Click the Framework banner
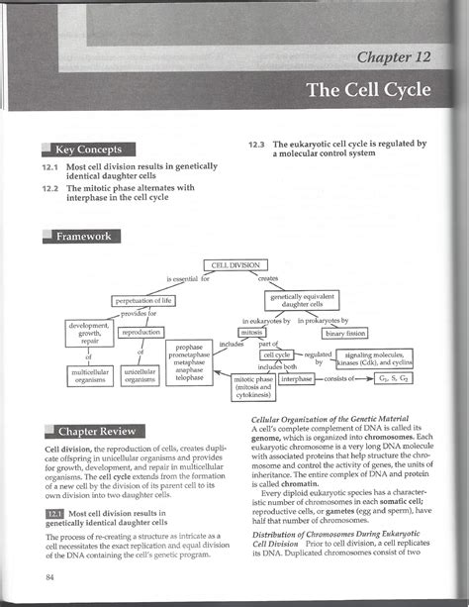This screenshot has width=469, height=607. click(x=84, y=236)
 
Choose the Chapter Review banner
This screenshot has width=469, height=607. click(x=95, y=432)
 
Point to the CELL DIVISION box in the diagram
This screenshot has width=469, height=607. click(x=234, y=266)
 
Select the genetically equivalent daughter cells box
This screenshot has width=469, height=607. click(x=303, y=300)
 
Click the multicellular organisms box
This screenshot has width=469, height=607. click(x=89, y=375)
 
